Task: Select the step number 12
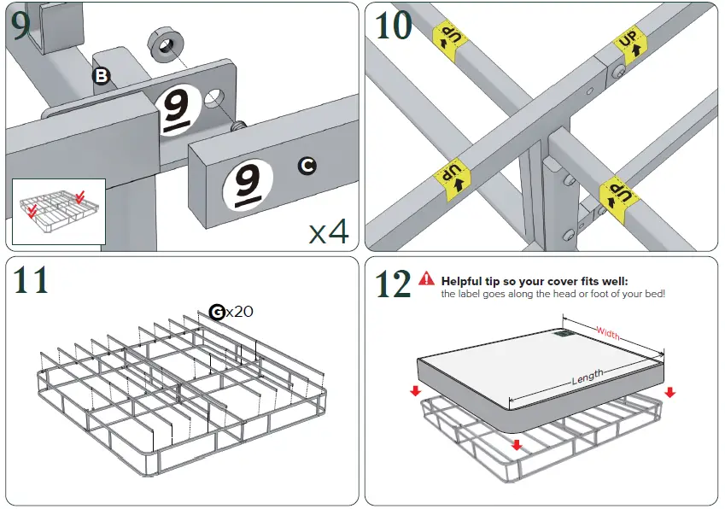394,284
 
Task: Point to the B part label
102,76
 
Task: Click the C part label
307,166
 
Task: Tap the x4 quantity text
329,231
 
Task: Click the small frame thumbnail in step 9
58,210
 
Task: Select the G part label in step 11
218,313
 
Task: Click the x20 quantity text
240,313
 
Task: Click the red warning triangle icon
427,278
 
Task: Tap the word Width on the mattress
608,333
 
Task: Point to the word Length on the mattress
588,377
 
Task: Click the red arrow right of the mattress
669,392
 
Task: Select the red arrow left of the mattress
415,391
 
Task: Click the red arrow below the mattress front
516,444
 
